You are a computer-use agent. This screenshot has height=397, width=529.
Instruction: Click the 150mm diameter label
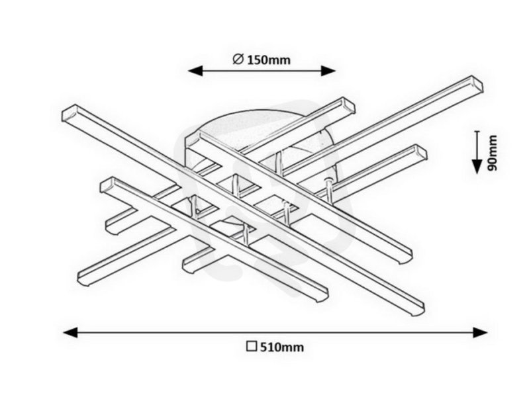pyautogui.click(x=269, y=60)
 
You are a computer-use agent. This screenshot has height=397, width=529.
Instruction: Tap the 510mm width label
pyautogui.click(x=281, y=347)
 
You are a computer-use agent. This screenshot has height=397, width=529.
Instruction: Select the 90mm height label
pyautogui.click(x=492, y=153)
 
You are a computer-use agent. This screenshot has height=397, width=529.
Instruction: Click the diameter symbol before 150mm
pyautogui.click(x=238, y=60)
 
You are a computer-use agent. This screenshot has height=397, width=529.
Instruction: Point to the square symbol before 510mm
pyautogui.click(x=252, y=347)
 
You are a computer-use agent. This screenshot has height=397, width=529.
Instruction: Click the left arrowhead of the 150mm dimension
pyautogui.click(x=195, y=71)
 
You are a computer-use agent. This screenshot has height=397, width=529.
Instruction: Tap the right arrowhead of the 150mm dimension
pyautogui.click(x=328, y=71)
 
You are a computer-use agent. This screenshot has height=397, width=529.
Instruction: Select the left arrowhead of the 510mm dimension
pyautogui.click(x=70, y=333)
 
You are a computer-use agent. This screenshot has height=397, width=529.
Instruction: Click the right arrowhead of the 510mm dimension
pyautogui.click(x=480, y=333)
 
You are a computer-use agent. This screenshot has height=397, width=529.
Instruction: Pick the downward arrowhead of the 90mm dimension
pyautogui.click(x=477, y=167)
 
